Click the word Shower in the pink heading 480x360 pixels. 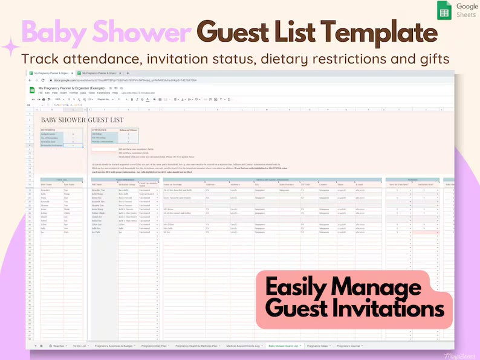click(x=139, y=33)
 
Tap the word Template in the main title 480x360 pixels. click(x=381, y=33)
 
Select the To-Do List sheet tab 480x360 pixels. click(x=79, y=346)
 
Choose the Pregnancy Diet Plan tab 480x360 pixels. click(x=156, y=346)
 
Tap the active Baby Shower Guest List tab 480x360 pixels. click(x=284, y=346)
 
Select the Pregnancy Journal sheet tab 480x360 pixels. click(x=349, y=346)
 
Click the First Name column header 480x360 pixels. click(x=47, y=184)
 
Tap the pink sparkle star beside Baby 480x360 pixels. click(x=11, y=47)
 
